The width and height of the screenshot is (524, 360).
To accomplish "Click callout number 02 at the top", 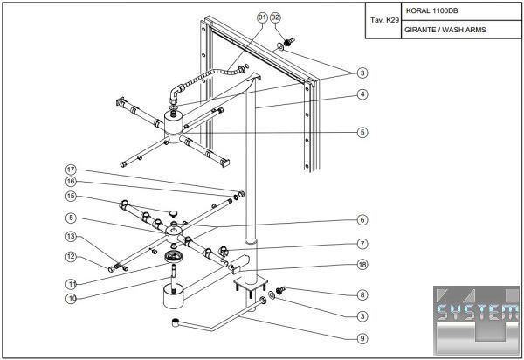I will pyautogui.click(x=277, y=17).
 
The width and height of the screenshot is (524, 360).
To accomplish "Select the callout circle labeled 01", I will pyautogui.click(x=262, y=17).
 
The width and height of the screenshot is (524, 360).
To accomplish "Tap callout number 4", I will pyautogui.click(x=362, y=94).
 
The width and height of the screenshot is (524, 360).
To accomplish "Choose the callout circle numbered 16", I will pyautogui.click(x=72, y=182).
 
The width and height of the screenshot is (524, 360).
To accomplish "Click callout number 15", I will pyautogui.click(x=72, y=197).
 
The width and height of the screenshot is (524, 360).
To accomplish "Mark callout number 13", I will pyautogui.click(x=72, y=237).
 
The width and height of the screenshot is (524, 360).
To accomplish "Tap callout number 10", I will pyautogui.click(x=72, y=298).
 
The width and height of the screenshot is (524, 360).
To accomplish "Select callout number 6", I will pyautogui.click(x=362, y=219).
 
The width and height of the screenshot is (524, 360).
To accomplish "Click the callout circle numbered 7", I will pyautogui.click(x=362, y=244).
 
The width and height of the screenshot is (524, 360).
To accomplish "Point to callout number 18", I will pyautogui.click(x=362, y=264).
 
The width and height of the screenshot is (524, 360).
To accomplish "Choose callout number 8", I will pyautogui.click(x=362, y=295).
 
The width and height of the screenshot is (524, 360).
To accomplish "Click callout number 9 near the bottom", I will pyautogui.click(x=362, y=338).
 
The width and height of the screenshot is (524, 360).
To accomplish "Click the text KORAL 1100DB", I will pyautogui.click(x=431, y=13).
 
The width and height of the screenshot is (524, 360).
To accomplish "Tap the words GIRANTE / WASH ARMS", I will pyautogui.click(x=445, y=30).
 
